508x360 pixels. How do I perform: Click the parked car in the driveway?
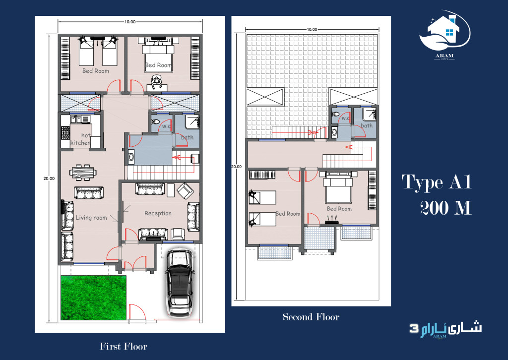pos(180,282)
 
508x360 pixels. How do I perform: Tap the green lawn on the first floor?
pos(93,298)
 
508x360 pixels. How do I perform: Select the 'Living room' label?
pos(91,218)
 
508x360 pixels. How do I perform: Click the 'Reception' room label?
pos(158,213)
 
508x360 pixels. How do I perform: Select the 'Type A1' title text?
pos(436,182)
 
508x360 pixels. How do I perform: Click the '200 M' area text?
pos(445,208)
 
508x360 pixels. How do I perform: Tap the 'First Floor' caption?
pos(124,346)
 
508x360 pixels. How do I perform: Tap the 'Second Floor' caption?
pos(311,317)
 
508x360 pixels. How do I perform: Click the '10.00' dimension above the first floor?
pos(130,22)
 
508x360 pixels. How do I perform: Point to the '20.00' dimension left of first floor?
pos(49,179)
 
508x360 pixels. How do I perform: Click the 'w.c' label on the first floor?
pos(166,126)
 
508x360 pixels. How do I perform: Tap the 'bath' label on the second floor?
pos(367,126)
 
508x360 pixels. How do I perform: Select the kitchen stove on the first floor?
pos(65,132)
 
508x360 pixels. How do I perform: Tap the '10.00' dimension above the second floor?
pos(311,30)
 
